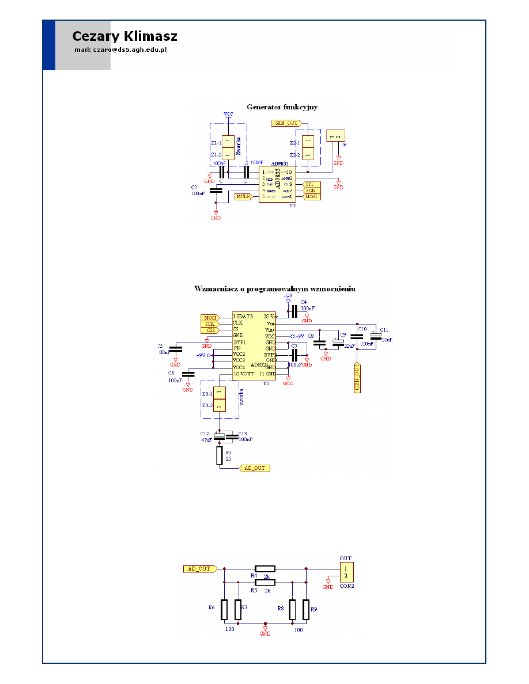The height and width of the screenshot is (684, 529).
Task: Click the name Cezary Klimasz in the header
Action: coord(124,36)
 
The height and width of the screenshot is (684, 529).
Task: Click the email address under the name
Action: coord(120,50)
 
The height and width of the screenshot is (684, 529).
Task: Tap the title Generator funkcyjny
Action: coord(282,107)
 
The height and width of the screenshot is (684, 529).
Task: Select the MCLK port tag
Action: coord(243,197)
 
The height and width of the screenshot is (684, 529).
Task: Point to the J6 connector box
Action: coord(335,135)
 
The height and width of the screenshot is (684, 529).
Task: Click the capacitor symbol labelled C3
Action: coord(216,191)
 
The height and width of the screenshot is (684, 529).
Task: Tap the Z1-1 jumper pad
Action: coord(228,142)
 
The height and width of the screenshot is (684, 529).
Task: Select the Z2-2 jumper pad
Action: coord(308,155)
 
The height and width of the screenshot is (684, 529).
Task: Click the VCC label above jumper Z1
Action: coord(228,115)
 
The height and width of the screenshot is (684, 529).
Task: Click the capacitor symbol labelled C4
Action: coord(293,311)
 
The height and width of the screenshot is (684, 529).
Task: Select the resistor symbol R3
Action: coord(219,457)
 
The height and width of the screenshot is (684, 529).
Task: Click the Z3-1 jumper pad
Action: coord(219,394)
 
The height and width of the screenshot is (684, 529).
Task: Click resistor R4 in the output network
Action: coord(266,568)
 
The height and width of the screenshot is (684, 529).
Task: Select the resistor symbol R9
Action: coord(306,609)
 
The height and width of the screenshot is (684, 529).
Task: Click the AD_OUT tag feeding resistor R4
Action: coord(199,569)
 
